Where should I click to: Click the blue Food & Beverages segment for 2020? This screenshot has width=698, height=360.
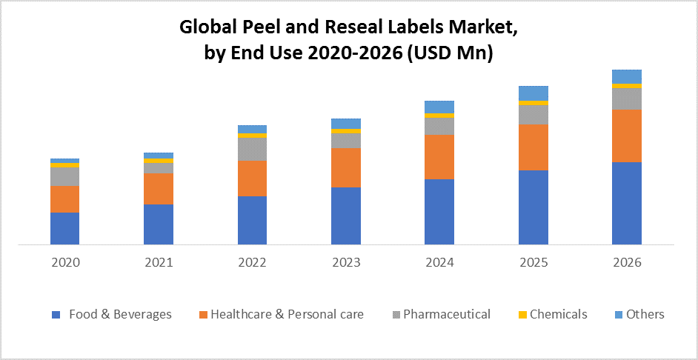pyautogui.click(x=64, y=228)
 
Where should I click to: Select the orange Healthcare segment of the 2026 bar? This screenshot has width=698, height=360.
pyautogui.click(x=626, y=136)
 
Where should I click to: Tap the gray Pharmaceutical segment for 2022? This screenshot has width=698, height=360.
pyautogui.click(x=252, y=149)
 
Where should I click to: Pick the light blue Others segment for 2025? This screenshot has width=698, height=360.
pyautogui.click(x=533, y=93)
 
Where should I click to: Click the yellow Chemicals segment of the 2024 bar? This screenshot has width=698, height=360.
pyautogui.click(x=439, y=116)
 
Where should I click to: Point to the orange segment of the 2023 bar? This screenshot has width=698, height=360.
pyautogui.click(x=345, y=167)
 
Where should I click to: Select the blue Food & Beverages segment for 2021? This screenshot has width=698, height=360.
pyautogui.click(x=158, y=224)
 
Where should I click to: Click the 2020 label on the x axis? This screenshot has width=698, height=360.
pyautogui.click(x=64, y=262)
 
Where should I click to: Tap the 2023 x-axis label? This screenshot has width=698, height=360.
pyautogui.click(x=345, y=262)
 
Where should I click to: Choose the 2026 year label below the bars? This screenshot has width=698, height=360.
pyautogui.click(x=626, y=262)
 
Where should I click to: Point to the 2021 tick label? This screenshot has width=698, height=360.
pyautogui.click(x=158, y=262)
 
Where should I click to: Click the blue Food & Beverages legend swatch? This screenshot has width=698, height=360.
pyautogui.click(x=56, y=315)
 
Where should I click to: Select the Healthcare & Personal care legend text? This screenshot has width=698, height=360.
pyautogui.click(x=287, y=314)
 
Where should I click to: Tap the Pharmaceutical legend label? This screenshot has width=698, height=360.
pyautogui.click(x=446, y=314)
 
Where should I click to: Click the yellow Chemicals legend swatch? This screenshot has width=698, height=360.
pyautogui.click(x=522, y=315)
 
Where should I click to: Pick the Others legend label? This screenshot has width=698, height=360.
pyautogui.click(x=645, y=314)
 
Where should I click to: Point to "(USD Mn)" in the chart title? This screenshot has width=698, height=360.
pyautogui.click(x=449, y=53)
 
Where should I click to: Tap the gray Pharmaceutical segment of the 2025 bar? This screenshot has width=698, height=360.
pyautogui.click(x=533, y=115)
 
